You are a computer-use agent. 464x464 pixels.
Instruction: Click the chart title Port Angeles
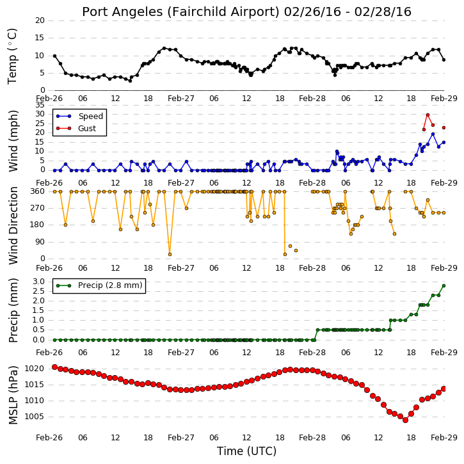pyautogui.click(x=122, y=12)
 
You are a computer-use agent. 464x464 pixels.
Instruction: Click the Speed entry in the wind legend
pyautogui.click(x=80, y=116)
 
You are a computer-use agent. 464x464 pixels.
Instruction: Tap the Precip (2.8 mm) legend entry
pyautogui.click(x=99, y=285)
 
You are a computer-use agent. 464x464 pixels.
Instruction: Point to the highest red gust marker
pyautogui.click(x=428, y=115)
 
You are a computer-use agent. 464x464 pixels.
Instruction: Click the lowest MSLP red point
pyautogui.click(x=405, y=420)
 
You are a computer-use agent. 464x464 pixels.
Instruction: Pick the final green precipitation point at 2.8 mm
pyautogui.click(x=444, y=286)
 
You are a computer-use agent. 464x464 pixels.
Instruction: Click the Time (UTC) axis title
pyautogui.click(x=246, y=451)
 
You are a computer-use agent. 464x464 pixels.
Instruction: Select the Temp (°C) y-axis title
pyautogui.click(x=12, y=56)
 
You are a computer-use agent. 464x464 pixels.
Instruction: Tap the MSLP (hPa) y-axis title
pyautogui.click(x=13, y=395)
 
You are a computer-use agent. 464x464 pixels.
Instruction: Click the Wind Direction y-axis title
pyautogui.click(x=13, y=225)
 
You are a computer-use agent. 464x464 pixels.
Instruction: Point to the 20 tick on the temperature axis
pyautogui.click(x=40, y=20)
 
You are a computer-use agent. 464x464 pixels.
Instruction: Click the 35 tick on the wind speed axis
pyautogui.click(x=40, y=105)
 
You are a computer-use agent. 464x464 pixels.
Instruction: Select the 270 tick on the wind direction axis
pyautogui.click(x=38, y=208)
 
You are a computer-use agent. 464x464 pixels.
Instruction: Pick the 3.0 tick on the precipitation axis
pyautogui.click(x=39, y=282)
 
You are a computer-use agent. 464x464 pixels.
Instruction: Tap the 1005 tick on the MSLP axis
pyautogui.click(x=35, y=417)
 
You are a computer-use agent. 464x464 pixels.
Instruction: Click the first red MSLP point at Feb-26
pyautogui.click(x=54, y=367)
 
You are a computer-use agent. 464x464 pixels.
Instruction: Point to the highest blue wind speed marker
pyautogui.click(x=433, y=134)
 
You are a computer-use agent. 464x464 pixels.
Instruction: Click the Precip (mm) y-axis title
pyautogui.click(x=13, y=310)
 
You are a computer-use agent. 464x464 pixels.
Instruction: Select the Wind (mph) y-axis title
pyautogui.click(x=13, y=141)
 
